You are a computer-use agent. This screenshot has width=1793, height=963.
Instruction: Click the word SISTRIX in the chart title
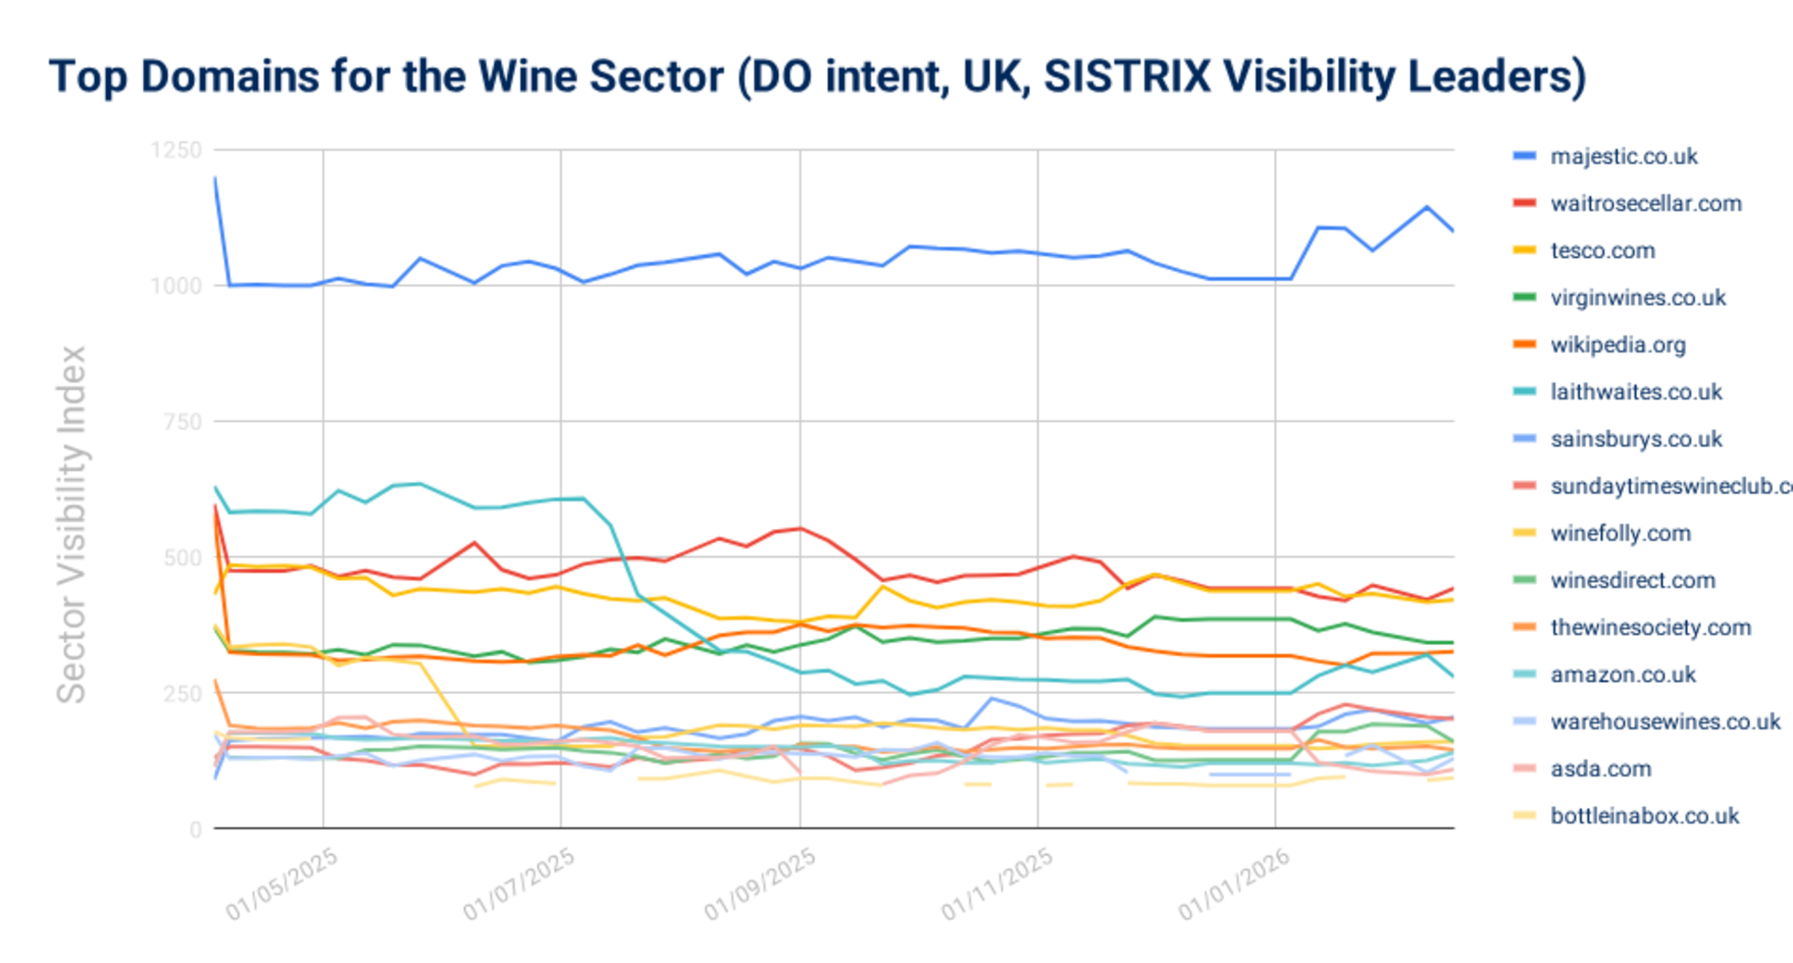point(1128,76)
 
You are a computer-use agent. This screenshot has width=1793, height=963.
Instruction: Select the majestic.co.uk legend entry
point(1623,156)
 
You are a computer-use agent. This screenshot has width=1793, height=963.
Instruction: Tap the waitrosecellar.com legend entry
point(1645,204)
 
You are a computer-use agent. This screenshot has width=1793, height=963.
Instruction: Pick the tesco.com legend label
point(1602,250)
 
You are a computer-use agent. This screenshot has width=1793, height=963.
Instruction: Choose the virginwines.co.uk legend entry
point(1637,298)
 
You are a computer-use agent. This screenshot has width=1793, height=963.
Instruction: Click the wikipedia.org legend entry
point(1618,345)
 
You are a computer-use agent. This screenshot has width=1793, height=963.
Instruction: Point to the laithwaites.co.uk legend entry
point(1636,392)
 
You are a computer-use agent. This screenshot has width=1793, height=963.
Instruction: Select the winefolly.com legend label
point(1621,534)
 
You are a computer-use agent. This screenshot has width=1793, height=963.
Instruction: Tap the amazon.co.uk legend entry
point(1623,675)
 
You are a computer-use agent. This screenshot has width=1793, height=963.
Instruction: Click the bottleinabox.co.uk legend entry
point(1644,816)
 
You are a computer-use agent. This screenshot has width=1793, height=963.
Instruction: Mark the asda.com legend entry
point(1600,769)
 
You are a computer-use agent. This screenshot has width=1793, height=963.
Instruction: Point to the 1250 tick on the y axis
point(176,150)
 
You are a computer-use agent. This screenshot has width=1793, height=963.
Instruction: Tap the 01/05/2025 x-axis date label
point(282,884)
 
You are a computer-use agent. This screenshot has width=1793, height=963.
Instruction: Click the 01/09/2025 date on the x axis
point(759,884)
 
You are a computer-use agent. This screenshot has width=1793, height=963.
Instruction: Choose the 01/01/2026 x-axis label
point(1234,884)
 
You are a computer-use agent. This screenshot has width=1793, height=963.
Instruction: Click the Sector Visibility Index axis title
point(72,525)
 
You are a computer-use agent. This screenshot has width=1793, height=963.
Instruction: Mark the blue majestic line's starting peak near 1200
point(215,178)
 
